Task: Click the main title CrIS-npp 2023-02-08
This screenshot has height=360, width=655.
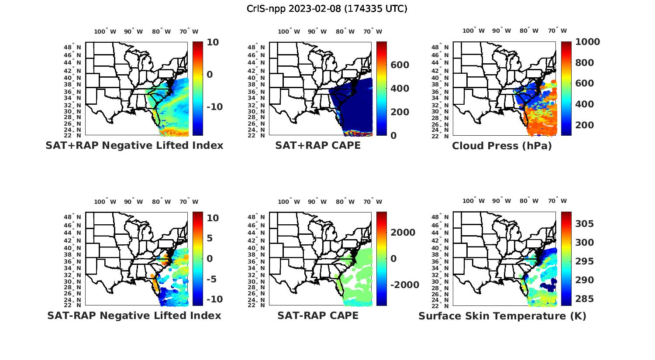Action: (327, 8)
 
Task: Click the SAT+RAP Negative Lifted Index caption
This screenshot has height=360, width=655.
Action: (134, 145)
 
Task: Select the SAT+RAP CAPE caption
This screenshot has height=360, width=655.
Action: (318, 145)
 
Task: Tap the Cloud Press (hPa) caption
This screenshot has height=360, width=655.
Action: (502, 146)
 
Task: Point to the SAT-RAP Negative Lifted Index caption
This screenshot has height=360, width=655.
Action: (134, 315)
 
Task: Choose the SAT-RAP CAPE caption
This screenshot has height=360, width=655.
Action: (318, 315)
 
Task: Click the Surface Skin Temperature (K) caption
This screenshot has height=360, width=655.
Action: (502, 315)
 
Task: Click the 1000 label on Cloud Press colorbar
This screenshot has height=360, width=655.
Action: (587, 42)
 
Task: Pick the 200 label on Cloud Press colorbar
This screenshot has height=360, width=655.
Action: (585, 125)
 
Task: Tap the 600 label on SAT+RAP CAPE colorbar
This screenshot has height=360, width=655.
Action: (400, 65)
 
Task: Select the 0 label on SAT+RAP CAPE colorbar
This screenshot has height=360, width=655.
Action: (394, 135)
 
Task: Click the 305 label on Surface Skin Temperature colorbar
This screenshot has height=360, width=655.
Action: (585, 224)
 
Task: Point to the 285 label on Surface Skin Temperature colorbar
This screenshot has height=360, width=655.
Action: (585, 299)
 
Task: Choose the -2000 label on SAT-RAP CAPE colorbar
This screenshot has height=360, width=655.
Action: (404, 285)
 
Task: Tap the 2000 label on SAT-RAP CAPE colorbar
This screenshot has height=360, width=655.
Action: (403, 233)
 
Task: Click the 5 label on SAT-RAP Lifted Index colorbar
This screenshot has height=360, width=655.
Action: (209, 238)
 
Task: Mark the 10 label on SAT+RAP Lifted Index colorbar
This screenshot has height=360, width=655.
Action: (213, 42)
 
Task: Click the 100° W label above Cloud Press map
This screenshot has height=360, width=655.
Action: (474, 31)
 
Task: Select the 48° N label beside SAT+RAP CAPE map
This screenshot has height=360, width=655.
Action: (256, 48)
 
